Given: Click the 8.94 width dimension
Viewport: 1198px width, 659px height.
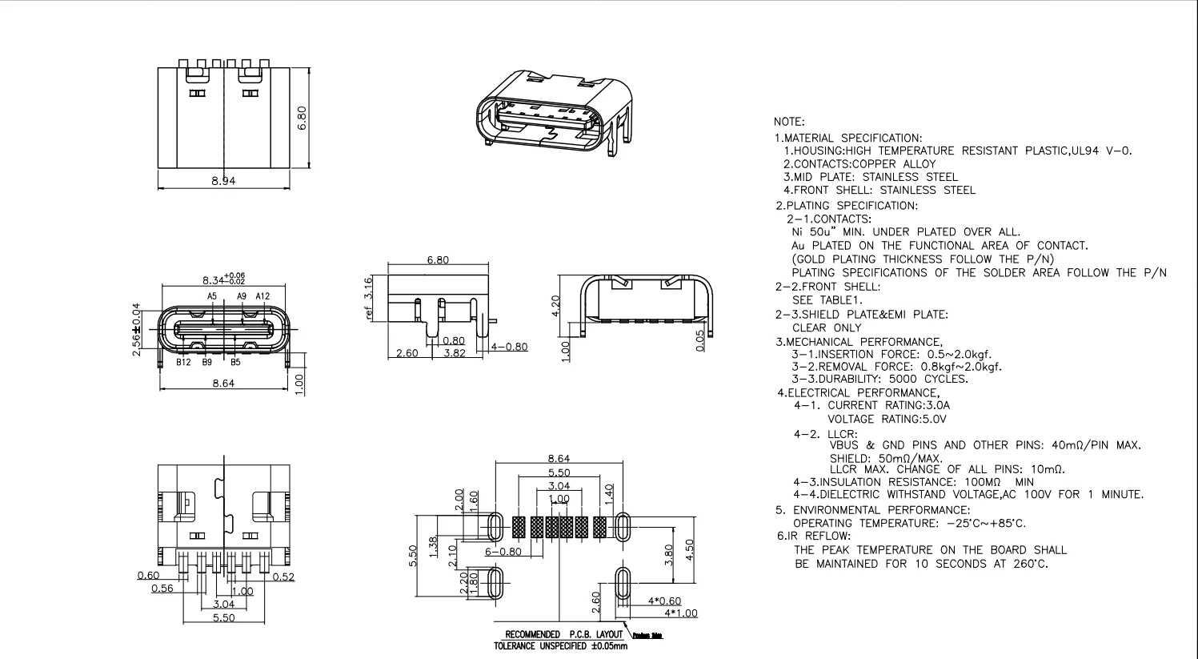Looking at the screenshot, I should tap(223, 181).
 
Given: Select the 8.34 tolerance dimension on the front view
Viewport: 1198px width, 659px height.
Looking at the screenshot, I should tap(223, 279).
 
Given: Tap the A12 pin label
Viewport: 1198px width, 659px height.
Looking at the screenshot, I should tap(263, 296).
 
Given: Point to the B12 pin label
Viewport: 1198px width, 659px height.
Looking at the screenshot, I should tap(183, 362).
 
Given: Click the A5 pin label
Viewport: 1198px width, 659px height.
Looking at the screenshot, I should tap(212, 296).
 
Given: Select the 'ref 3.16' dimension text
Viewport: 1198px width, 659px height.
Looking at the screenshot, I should tap(369, 298).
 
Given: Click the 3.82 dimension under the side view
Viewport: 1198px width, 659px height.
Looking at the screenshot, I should tap(455, 353).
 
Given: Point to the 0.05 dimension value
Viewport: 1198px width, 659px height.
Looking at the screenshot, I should tap(701, 340).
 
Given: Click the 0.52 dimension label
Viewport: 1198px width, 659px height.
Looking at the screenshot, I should tap(283, 577).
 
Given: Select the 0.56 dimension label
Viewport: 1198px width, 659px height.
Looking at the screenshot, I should tap(162, 589).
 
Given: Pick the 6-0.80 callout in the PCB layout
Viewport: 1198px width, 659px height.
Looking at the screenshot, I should tap(503, 552).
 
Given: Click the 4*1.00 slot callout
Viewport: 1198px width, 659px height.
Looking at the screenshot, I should tap(680, 613).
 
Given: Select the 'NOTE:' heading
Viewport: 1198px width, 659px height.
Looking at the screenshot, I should tap(789, 123).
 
